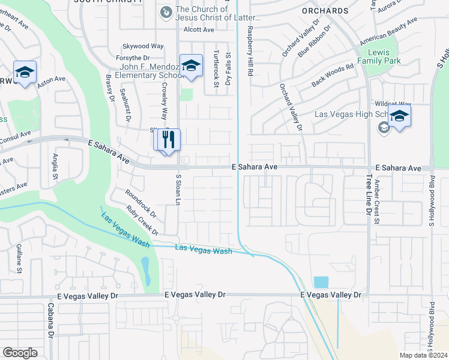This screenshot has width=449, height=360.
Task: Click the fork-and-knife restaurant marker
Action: coord(167,140)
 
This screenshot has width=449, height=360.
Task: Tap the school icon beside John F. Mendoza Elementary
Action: coord(191,66)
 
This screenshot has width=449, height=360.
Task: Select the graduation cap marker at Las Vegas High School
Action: coord(399,116)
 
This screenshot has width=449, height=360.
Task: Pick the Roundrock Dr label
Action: coord(140,204)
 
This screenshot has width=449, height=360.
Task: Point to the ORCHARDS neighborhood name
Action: coord(325,11)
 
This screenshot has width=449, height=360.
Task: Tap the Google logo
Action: coord(20,352)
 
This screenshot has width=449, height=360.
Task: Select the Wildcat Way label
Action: coord(393,103)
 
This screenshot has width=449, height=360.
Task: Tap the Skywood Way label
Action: coord(143,46)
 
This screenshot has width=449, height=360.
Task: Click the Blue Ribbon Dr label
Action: coord(314,41)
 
